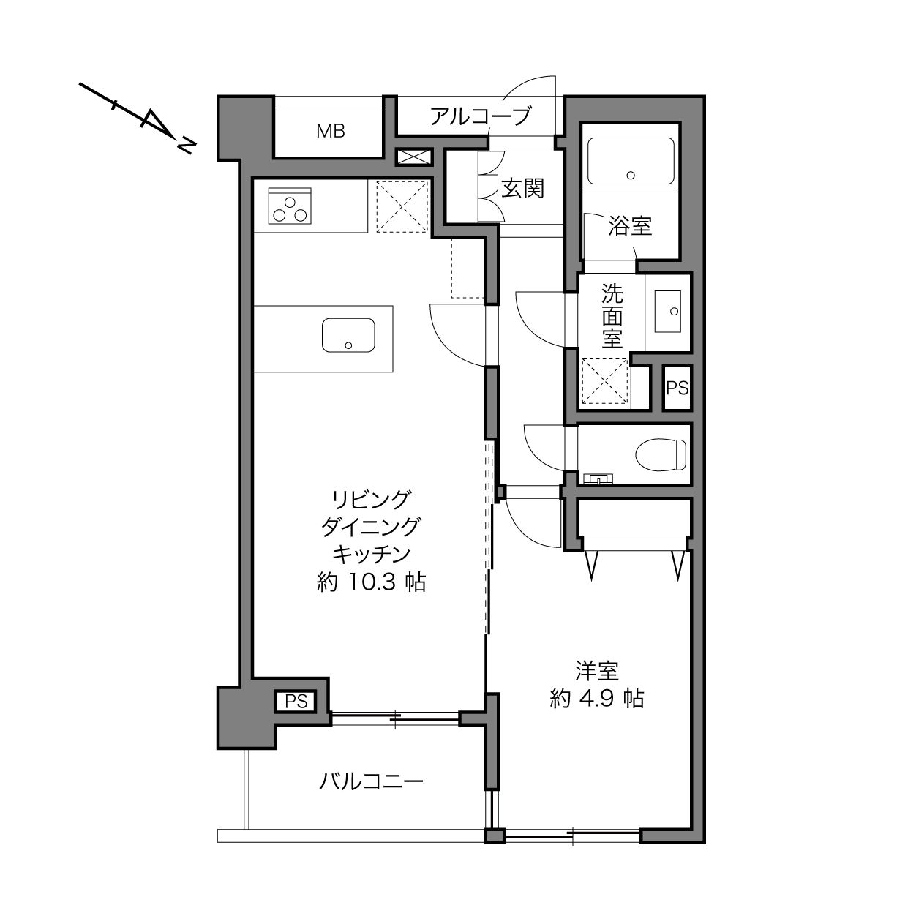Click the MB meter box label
point(331,131)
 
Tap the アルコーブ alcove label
point(480,116)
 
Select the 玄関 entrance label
point(523,189)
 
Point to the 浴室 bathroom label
point(630,226)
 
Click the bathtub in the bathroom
point(631,161)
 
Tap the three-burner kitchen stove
point(290,206)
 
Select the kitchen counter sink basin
point(348,335)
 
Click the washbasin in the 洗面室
point(667,312)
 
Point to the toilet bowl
point(661,454)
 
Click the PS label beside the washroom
point(677,388)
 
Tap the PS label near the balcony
point(296,701)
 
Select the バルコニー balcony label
point(371,781)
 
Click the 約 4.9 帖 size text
point(597,699)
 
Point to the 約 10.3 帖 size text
point(371,582)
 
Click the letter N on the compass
point(187,146)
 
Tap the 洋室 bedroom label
point(597,671)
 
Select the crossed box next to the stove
point(402,206)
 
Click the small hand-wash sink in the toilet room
point(598,478)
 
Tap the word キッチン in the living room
point(371,555)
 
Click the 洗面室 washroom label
point(612,316)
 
